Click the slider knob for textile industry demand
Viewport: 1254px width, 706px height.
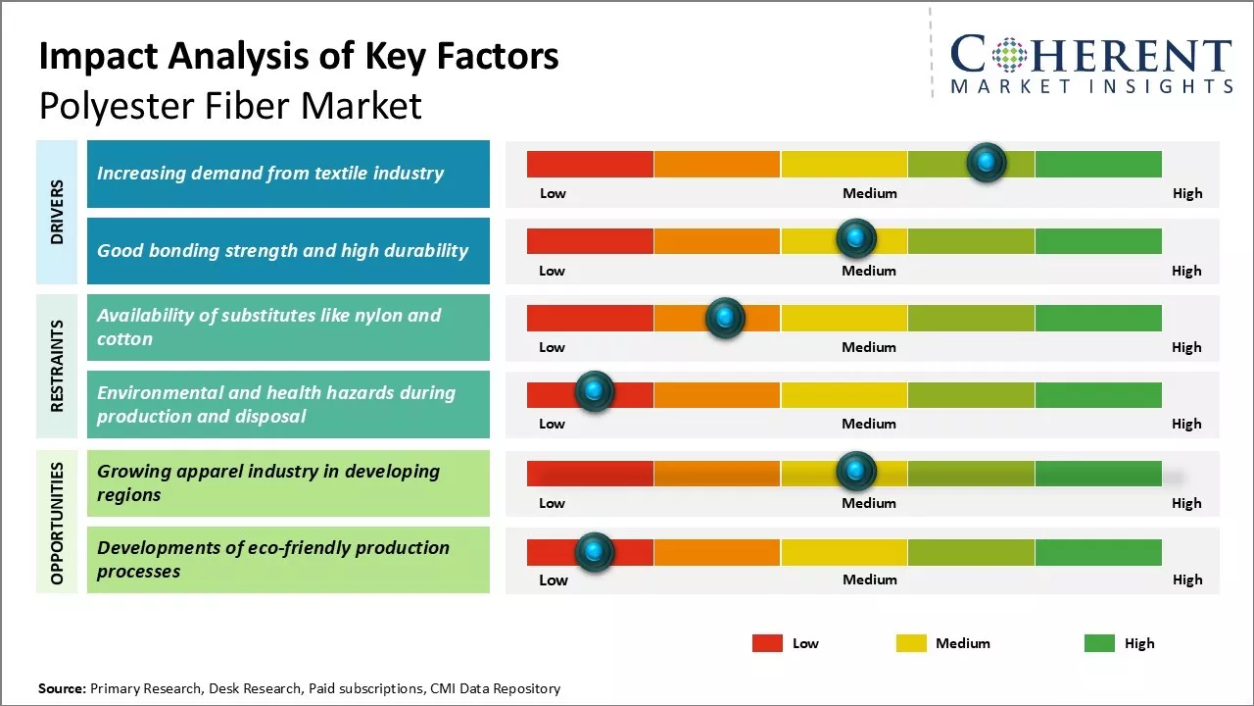click(986, 162)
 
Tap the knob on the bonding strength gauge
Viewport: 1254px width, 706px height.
click(856, 238)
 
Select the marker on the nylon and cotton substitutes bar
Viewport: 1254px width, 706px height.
click(725, 318)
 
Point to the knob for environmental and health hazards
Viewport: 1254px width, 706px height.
click(594, 391)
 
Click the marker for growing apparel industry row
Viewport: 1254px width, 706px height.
click(856, 472)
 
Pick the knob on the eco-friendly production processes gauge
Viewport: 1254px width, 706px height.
click(594, 552)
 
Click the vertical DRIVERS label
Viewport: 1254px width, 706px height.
click(57, 212)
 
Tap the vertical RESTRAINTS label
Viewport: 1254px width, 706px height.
click(57, 366)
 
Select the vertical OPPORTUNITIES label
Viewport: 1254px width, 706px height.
click(57, 523)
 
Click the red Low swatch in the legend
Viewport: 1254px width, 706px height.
click(767, 643)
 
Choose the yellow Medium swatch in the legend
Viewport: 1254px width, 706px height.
click(911, 643)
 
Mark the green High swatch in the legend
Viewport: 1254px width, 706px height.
click(1099, 643)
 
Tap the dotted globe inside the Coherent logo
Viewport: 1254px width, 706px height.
click(1008, 55)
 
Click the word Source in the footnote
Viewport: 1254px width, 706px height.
click(61, 688)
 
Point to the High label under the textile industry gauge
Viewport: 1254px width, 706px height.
click(1187, 193)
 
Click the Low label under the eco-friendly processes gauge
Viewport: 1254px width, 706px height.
click(553, 580)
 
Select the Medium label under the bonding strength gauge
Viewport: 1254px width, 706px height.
click(869, 271)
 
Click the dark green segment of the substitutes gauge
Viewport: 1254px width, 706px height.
click(1097, 318)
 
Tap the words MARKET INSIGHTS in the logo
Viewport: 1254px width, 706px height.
click(1091, 87)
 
